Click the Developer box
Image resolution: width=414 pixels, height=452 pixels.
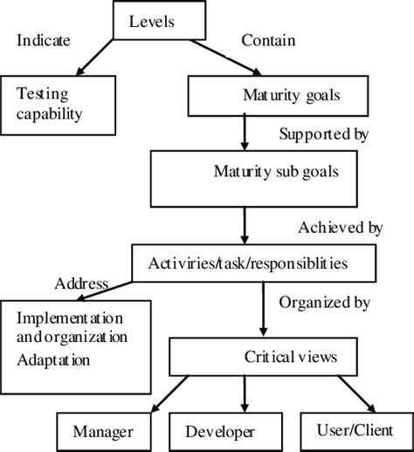(219, 431)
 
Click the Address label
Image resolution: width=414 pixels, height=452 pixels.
(81, 284)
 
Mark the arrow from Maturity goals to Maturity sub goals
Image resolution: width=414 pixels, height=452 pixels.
(244, 134)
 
